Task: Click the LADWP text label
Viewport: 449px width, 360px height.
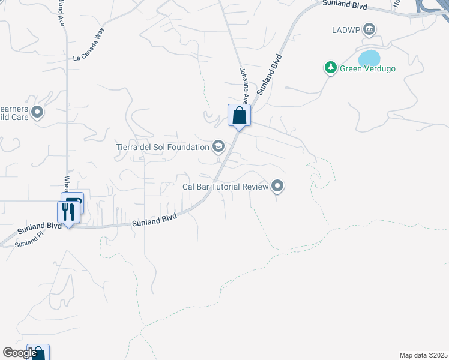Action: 346,29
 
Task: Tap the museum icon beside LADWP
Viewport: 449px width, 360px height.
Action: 369,29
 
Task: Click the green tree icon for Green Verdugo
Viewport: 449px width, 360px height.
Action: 330,68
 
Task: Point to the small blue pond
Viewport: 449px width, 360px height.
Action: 369,58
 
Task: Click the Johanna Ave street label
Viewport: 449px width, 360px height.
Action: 244,84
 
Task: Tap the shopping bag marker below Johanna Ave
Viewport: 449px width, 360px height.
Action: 239,116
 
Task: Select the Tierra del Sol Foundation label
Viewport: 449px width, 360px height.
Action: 161,146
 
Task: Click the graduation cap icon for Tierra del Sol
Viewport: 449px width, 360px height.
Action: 218,146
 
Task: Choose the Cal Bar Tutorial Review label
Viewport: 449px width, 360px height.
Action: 225,187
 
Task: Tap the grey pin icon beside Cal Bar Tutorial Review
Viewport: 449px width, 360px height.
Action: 277,187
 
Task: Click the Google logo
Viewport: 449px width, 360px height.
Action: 19,353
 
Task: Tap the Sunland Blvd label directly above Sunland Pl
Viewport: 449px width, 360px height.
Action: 40,228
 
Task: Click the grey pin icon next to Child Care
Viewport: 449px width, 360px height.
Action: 37,112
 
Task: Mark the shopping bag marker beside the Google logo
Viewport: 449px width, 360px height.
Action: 38,353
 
